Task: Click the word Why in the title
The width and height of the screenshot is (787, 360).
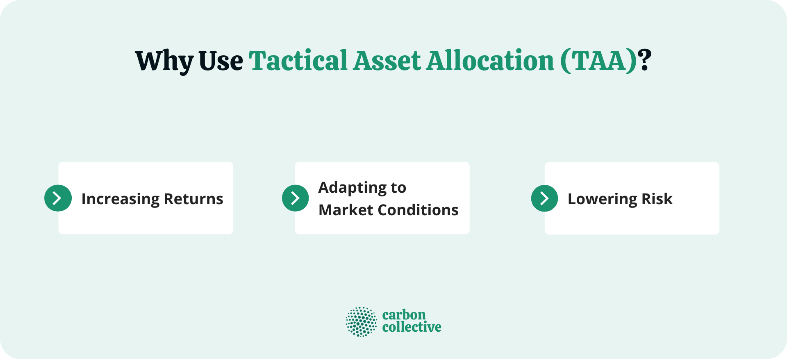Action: tap(164, 62)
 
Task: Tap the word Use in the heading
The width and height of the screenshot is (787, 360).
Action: tap(221, 62)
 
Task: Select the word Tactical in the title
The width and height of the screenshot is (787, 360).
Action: tap(298, 61)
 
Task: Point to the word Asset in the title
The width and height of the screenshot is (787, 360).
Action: tap(387, 61)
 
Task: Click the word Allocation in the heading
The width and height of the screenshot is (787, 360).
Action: tap(490, 61)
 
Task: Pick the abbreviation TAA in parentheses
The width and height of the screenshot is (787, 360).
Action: tap(599, 61)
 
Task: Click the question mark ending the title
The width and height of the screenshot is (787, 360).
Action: tap(645, 61)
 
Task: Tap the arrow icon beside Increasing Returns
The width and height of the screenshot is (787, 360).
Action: tap(58, 198)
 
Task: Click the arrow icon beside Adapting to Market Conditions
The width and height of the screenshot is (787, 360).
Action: tap(295, 198)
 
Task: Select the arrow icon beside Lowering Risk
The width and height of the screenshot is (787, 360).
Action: tap(544, 198)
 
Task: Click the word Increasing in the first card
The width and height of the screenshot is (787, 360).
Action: tap(120, 199)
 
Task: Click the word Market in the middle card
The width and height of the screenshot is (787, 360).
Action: tap(346, 210)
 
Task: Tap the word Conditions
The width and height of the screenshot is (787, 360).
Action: tap(418, 210)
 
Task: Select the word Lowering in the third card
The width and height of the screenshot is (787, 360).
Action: tap(602, 199)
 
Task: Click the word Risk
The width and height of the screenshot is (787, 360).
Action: tap(657, 199)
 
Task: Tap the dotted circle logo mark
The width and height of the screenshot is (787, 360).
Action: tap(361, 321)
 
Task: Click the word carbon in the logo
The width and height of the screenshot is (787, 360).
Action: tap(404, 315)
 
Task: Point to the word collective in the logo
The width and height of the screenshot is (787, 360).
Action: tap(412, 327)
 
